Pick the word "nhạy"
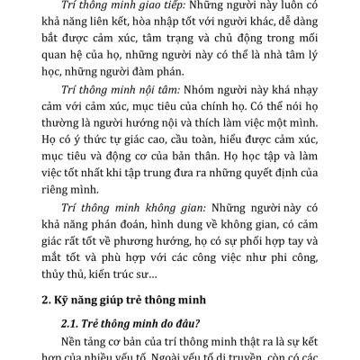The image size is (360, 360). pos(308,96)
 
